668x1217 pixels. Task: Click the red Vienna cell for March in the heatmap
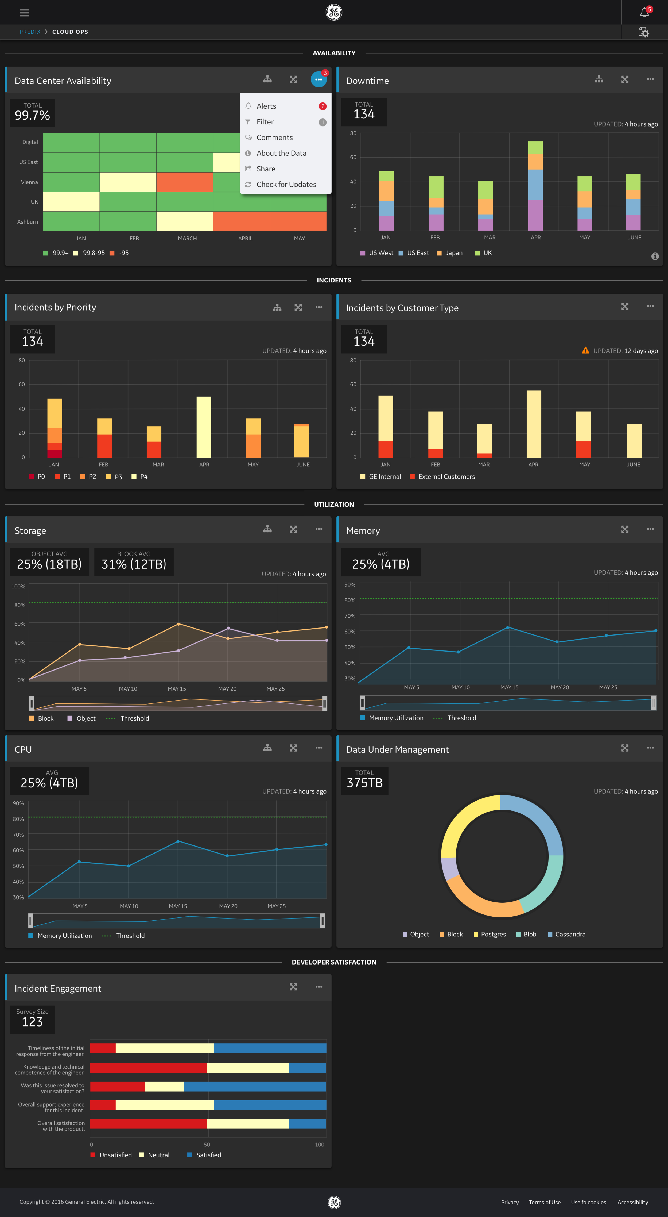pyautogui.click(x=185, y=182)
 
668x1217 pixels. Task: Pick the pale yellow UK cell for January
pyautogui.click(x=71, y=202)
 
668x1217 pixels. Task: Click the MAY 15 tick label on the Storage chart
pyautogui.click(x=177, y=689)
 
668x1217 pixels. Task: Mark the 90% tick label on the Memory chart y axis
pyautogui.click(x=350, y=585)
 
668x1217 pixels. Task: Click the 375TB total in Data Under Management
pyautogui.click(x=364, y=783)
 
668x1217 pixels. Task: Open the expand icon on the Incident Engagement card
pyautogui.click(x=293, y=987)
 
